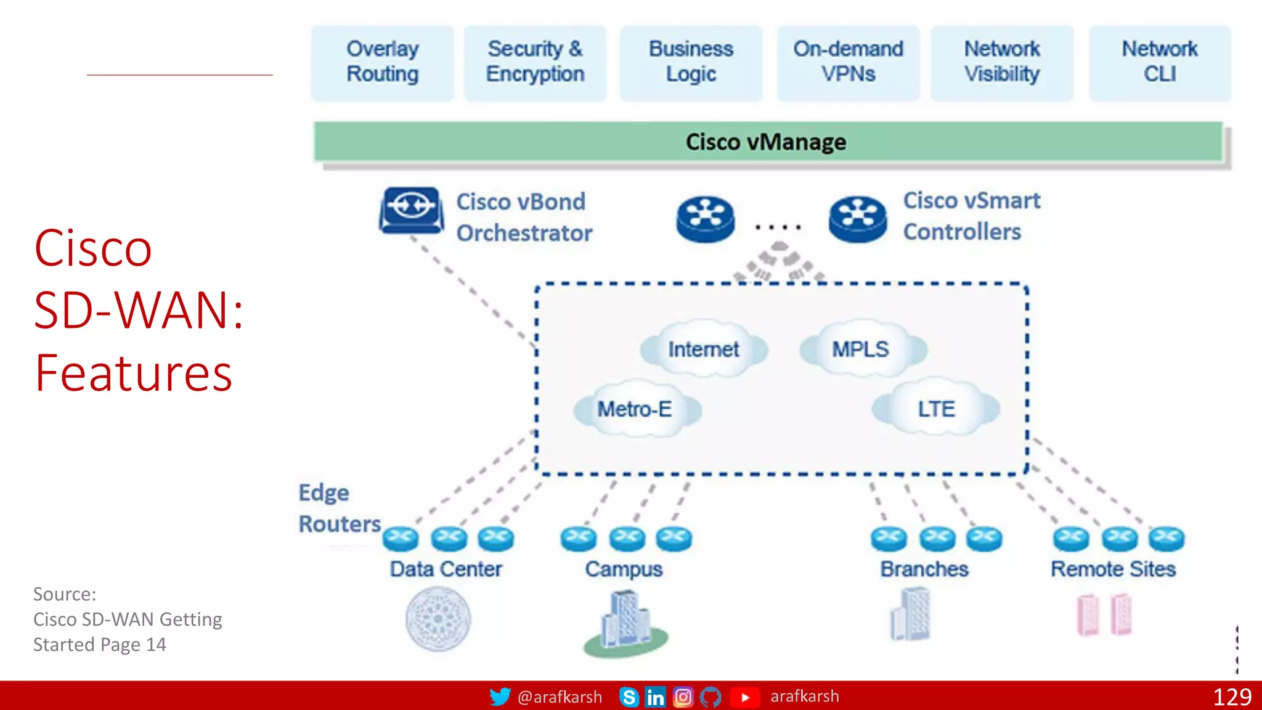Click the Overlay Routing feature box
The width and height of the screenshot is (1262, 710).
(x=382, y=62)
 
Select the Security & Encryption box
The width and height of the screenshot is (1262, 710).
(x=535, y=62)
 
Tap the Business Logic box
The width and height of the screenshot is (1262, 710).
(x=691, y=62)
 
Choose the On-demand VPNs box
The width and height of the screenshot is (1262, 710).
(x=848, y=62)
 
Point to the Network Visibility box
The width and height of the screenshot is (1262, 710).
(x=1002, y=62)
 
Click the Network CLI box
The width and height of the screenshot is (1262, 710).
(x=1160, y=62)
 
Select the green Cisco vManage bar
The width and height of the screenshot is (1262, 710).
(x=767, y=142)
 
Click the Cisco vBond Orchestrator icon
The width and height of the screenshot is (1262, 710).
(x=411, y=210)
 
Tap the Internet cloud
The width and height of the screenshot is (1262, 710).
(x=703, y=349)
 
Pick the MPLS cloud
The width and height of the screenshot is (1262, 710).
(x=861, y=349)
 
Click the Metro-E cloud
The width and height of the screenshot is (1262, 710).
(x=635, y=409)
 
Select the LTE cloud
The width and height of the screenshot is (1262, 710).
(x=936, y=409)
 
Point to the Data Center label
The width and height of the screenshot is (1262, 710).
(x=446, y=569)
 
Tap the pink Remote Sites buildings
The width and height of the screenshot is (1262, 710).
(x=1104, y=615)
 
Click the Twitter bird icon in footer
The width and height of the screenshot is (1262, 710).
(x=500, y=696)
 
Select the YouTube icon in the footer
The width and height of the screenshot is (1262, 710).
(x=744, y=697)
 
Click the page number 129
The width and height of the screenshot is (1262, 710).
(x=1232, y=697)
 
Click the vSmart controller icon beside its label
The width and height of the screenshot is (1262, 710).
(x=857, y=218)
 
